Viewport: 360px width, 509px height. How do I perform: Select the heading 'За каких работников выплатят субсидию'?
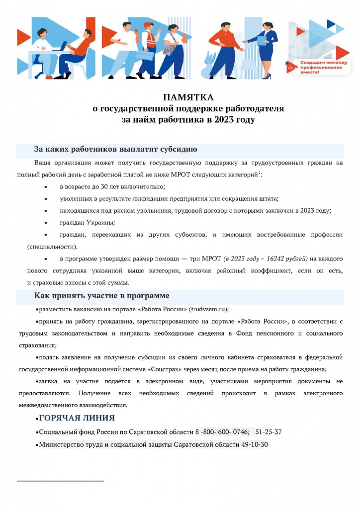click(x=116, y=149)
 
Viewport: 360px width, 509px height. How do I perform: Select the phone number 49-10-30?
click(x=254, y=444)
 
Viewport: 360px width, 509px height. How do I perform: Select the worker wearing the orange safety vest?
click(x=150, y=42)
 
